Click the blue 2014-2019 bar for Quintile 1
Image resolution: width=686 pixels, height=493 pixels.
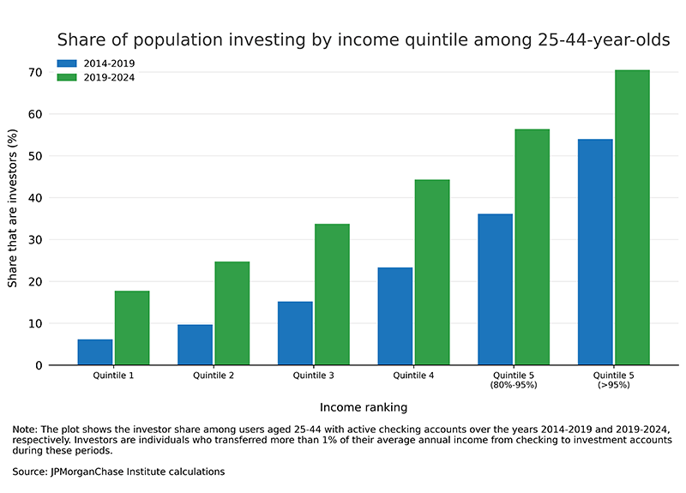click(95, 352)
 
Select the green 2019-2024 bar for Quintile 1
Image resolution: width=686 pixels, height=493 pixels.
click(132, 328)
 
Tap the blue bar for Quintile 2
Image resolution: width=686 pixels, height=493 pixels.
click(195, 345)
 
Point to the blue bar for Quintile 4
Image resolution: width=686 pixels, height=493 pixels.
click(395, 316)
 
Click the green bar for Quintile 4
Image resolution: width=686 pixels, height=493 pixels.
click(432, 273)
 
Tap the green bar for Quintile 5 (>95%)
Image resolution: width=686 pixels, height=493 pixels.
click(632, 218)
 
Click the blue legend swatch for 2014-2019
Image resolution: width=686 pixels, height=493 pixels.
click(67, 63)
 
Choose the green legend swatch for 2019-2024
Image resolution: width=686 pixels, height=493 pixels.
click(67, 77)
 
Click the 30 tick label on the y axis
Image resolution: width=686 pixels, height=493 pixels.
click(35, 240)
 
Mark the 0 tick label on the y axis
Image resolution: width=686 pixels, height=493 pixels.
click(39, 366)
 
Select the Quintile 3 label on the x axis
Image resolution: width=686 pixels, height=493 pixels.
click(314, 376)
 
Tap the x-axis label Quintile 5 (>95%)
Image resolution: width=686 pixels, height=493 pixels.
click(614, 380)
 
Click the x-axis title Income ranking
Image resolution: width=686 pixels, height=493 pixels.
click(364, 407)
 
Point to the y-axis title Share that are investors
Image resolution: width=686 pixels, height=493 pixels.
click(13, 213)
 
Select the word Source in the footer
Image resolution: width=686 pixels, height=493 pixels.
click(31, 472)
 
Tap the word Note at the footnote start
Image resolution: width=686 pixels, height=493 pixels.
click(26, 429)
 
